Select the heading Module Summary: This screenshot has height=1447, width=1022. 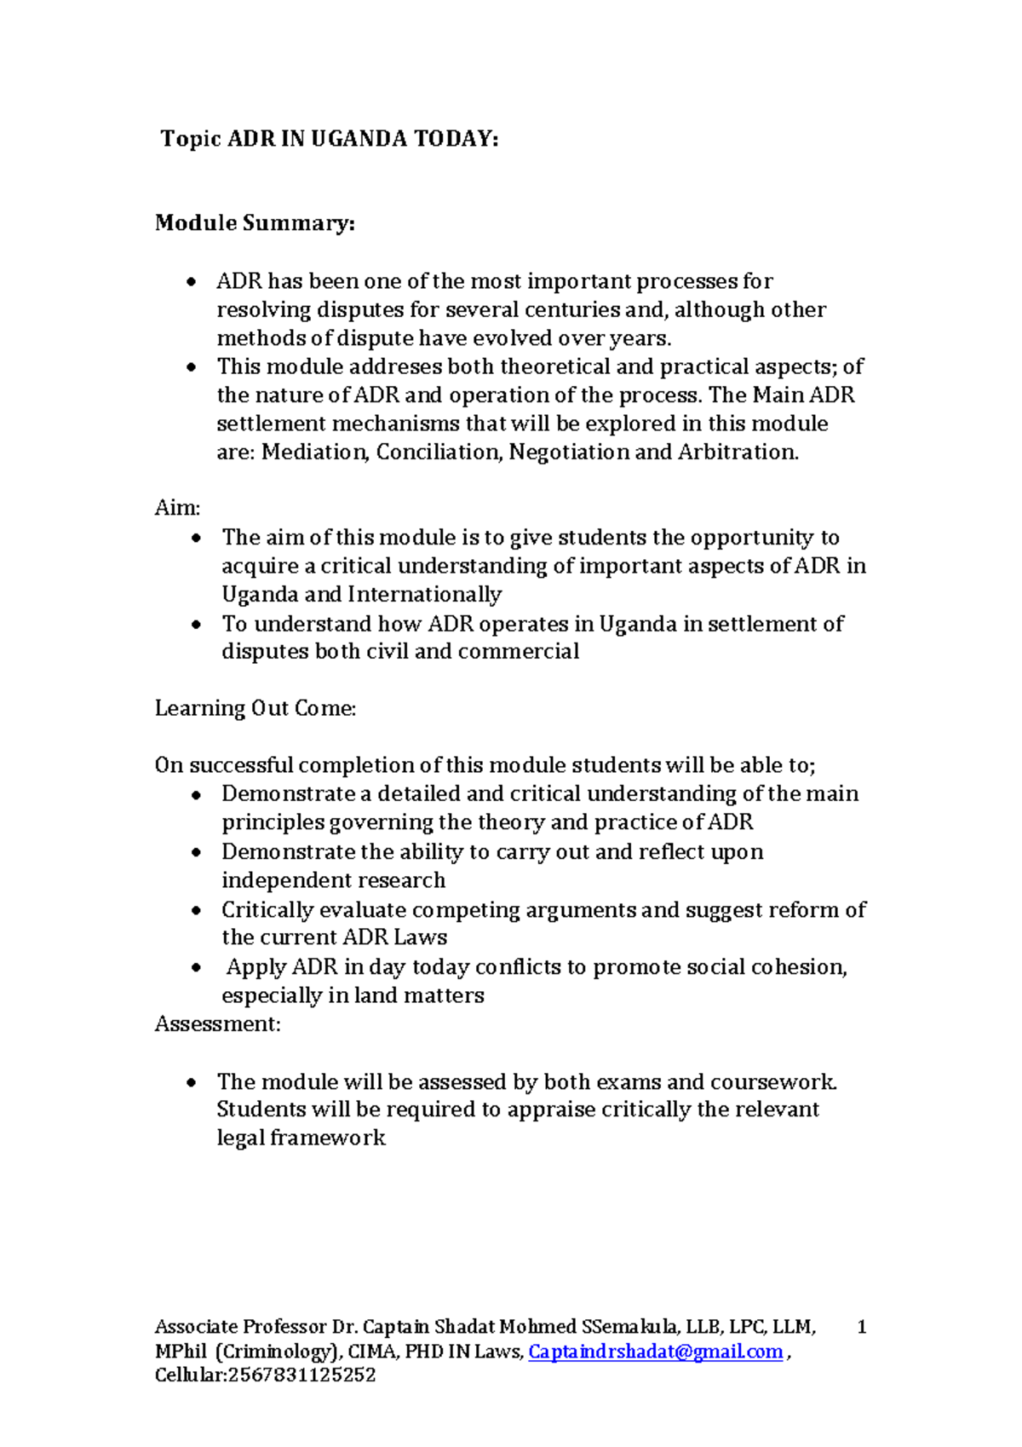(x=255, y=223)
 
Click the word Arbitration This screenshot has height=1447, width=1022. (x=738, y=453)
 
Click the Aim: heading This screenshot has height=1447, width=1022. (x=177, y=509)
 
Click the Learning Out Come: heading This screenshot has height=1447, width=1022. (x=255, y=709)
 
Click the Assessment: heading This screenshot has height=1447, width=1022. (x=217, y=1024)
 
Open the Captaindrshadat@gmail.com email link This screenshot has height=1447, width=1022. (x=655, y=1352)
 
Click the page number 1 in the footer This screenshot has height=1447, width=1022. (x=862, y=1327)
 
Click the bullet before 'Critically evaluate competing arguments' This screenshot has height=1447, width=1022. (x=197, y=911)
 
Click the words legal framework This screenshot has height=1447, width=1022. (x=301, y=1139)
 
